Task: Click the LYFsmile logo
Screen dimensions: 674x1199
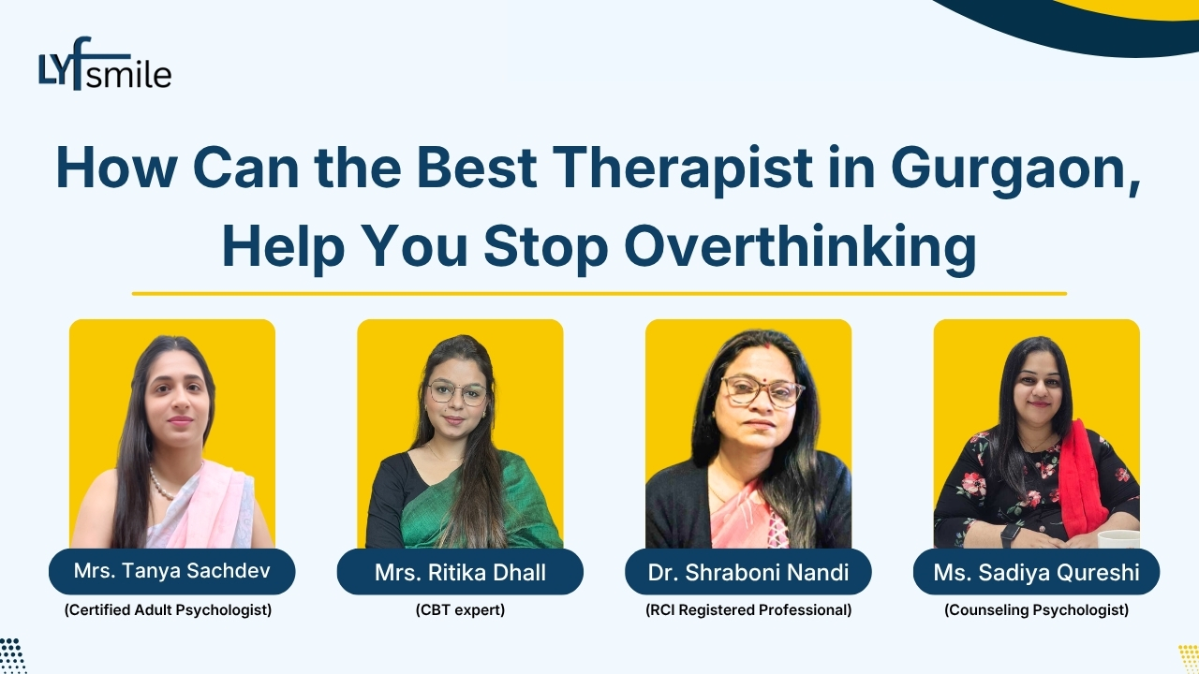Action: (x=105, y=65)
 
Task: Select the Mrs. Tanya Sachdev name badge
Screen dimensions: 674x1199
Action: (x=171, y=571)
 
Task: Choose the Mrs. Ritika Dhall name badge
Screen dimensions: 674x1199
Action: (x=460, y=572)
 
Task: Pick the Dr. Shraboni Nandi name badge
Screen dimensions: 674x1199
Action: (x=748, y=572)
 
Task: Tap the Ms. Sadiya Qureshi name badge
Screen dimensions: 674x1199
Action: (x=1036, y=572)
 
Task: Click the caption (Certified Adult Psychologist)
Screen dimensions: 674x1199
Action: (x=168, y=610)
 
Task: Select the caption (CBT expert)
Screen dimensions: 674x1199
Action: (x=460, y=610)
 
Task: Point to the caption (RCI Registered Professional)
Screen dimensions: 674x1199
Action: (x=748, y=610)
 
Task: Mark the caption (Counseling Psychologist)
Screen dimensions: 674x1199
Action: (x=1036, y=610)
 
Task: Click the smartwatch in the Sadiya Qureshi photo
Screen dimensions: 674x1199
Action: (x=1010, y=535)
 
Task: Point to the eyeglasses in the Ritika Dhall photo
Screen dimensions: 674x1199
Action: (x=457, y=393)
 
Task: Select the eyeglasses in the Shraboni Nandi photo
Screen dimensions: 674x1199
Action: (x=761, y=391)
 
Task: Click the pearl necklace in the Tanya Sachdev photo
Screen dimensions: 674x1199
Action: (x=162, y=486)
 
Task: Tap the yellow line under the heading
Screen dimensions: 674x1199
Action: (x=599, y=293)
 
